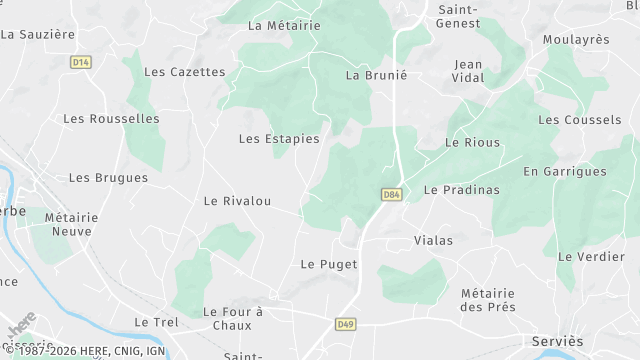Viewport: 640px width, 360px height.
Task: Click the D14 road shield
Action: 81,62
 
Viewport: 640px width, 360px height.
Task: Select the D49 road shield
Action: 345,323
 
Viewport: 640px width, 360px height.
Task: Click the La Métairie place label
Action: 284,26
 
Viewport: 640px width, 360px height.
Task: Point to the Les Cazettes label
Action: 185,72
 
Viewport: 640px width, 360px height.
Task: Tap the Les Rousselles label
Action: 111,118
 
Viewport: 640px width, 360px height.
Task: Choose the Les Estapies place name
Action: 279,139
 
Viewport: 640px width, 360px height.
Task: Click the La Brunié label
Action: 377,75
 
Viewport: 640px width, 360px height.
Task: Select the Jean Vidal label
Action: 468,71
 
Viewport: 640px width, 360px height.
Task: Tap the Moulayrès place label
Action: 576,39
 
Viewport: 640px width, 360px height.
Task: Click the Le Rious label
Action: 472,143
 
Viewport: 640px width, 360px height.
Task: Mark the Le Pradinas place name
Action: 461,189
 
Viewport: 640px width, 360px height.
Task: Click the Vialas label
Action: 433,241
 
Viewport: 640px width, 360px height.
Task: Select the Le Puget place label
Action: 322,264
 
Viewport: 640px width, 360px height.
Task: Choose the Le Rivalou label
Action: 237,201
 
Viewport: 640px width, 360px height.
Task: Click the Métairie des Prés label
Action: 493,300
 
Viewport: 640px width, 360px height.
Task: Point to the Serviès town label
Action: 558,341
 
